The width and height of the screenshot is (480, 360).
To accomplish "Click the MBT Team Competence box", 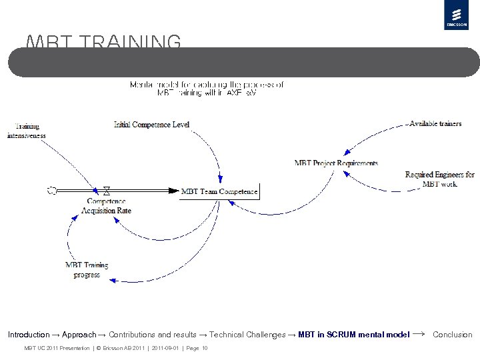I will [219, 191].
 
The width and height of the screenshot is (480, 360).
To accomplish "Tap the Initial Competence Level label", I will [151, 124].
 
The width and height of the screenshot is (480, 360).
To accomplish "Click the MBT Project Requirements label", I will [336, 163].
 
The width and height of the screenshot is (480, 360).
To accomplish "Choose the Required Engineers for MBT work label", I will [439, 179].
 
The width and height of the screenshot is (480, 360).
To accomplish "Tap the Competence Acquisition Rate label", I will [106, 205].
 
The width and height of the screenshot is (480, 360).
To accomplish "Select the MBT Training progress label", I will [87, 269].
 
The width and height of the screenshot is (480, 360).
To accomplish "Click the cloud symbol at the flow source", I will [51, 191].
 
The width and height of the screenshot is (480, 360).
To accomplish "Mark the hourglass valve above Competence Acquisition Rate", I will [106, 191].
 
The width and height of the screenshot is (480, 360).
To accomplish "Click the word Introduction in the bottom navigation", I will [29, 335].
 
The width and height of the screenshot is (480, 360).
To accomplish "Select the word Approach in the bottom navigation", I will [79, 335].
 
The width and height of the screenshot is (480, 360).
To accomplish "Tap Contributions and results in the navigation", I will [153, 335].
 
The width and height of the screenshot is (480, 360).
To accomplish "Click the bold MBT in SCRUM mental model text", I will [354, 335].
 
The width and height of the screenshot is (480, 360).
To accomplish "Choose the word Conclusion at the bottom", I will [452, 335].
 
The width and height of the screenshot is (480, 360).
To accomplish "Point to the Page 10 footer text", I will [195, 348].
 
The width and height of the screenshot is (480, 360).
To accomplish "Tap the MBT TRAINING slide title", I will [103, 43].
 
